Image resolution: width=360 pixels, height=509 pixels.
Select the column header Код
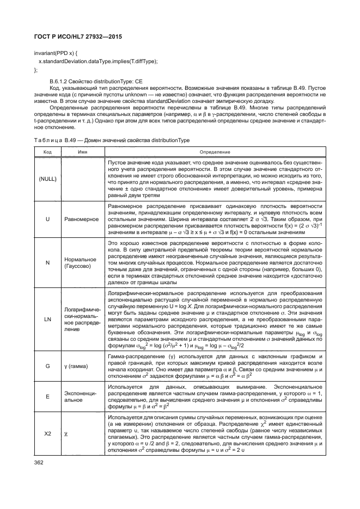47,151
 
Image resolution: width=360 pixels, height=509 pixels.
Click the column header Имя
83,151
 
